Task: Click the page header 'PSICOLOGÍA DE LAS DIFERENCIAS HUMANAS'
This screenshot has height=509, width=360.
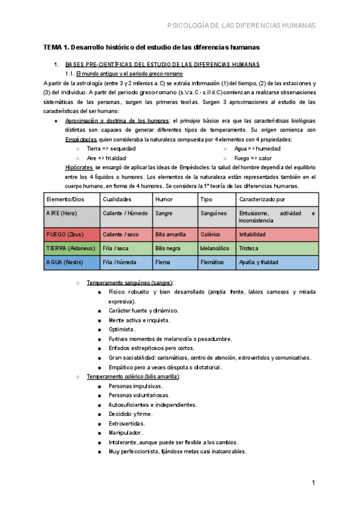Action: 240,25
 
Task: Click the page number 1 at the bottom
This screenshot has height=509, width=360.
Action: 313,483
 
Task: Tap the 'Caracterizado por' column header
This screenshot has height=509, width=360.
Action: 262,199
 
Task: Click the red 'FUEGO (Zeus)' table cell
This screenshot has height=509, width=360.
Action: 66,234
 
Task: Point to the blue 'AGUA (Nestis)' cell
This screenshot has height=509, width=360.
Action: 65,262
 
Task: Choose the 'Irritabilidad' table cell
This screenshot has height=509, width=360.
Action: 256,234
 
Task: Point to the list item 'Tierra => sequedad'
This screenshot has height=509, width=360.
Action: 111,148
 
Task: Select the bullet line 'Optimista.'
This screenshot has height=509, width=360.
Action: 122,330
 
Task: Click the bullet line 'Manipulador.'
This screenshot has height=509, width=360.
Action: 125,432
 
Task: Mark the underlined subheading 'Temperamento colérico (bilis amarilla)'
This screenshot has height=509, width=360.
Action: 133,376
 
